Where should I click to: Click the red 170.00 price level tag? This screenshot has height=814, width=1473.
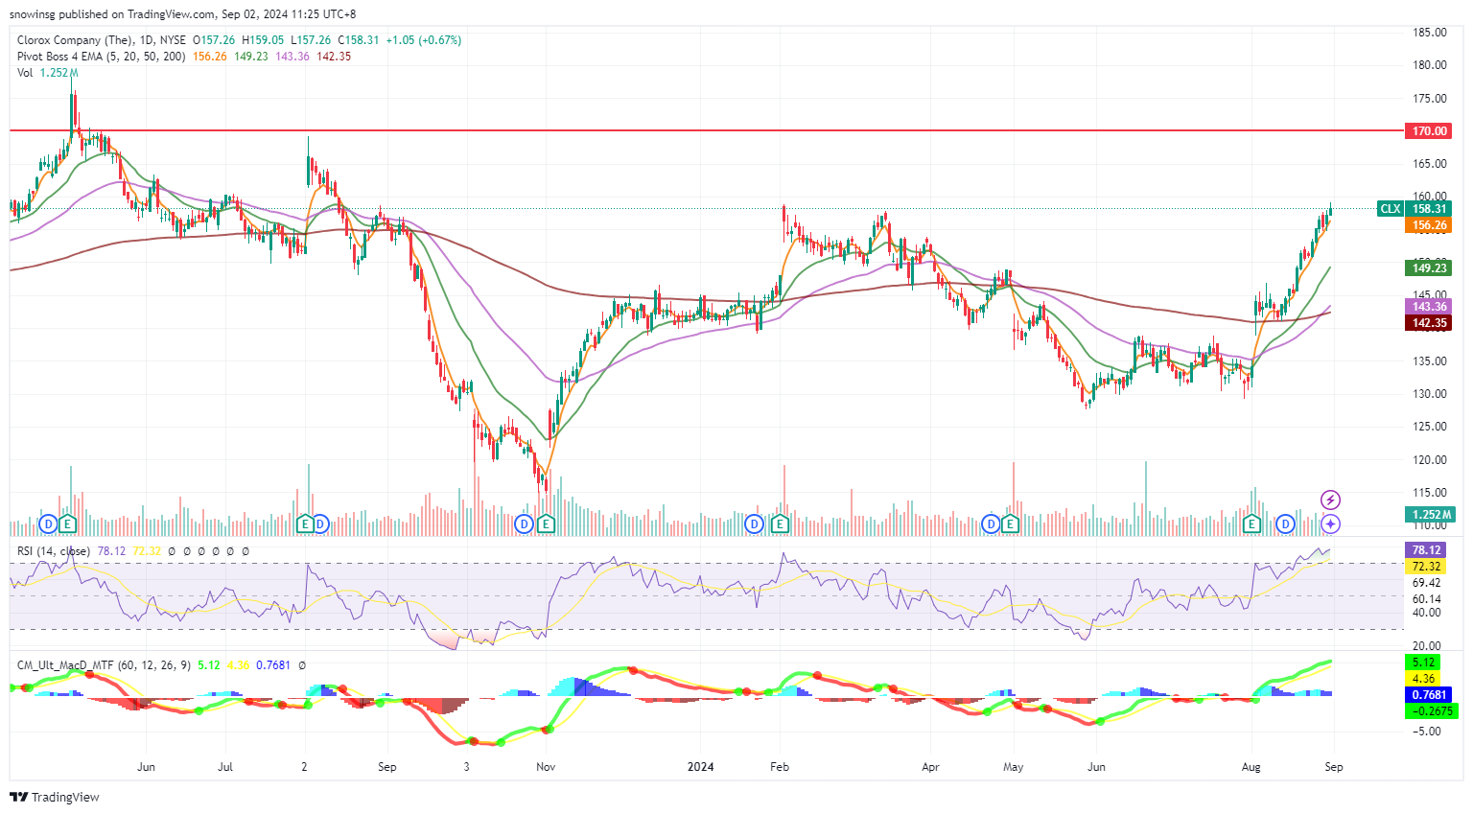point(1429,131)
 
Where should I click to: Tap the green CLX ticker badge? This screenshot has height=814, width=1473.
point(1390,209)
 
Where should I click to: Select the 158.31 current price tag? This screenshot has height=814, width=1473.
point(1429,209)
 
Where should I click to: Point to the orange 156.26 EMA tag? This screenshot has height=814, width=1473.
point(1429,226)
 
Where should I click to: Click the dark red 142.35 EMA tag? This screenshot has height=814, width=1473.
point(1429,323)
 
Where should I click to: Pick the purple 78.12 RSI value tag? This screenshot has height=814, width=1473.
point(1426,550)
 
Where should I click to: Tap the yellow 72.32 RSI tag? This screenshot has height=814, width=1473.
point(1426,567)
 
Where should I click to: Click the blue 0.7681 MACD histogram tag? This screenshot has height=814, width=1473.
point(1429,695)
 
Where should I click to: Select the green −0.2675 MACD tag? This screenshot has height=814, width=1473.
point(1429,711)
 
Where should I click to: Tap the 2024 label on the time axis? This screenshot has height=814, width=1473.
point(701,767)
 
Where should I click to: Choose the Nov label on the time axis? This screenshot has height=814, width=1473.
point(546,767)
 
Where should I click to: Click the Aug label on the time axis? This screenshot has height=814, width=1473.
point(1251,767)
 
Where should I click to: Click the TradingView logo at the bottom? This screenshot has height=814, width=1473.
point(55,798)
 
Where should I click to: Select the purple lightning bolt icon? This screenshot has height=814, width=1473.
point(1330,500)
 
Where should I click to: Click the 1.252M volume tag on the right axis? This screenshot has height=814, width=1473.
point(1429,515)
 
